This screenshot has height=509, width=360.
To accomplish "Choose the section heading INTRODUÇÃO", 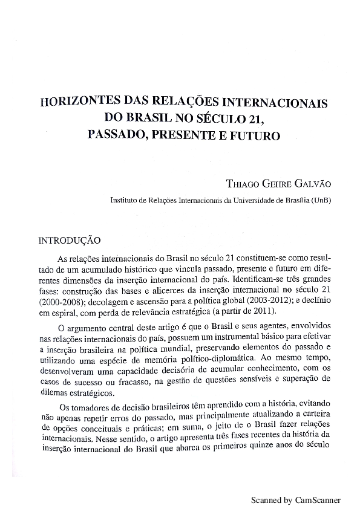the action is click(x=70, y=240).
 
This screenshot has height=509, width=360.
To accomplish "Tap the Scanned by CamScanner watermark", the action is click(x=296, y=501).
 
